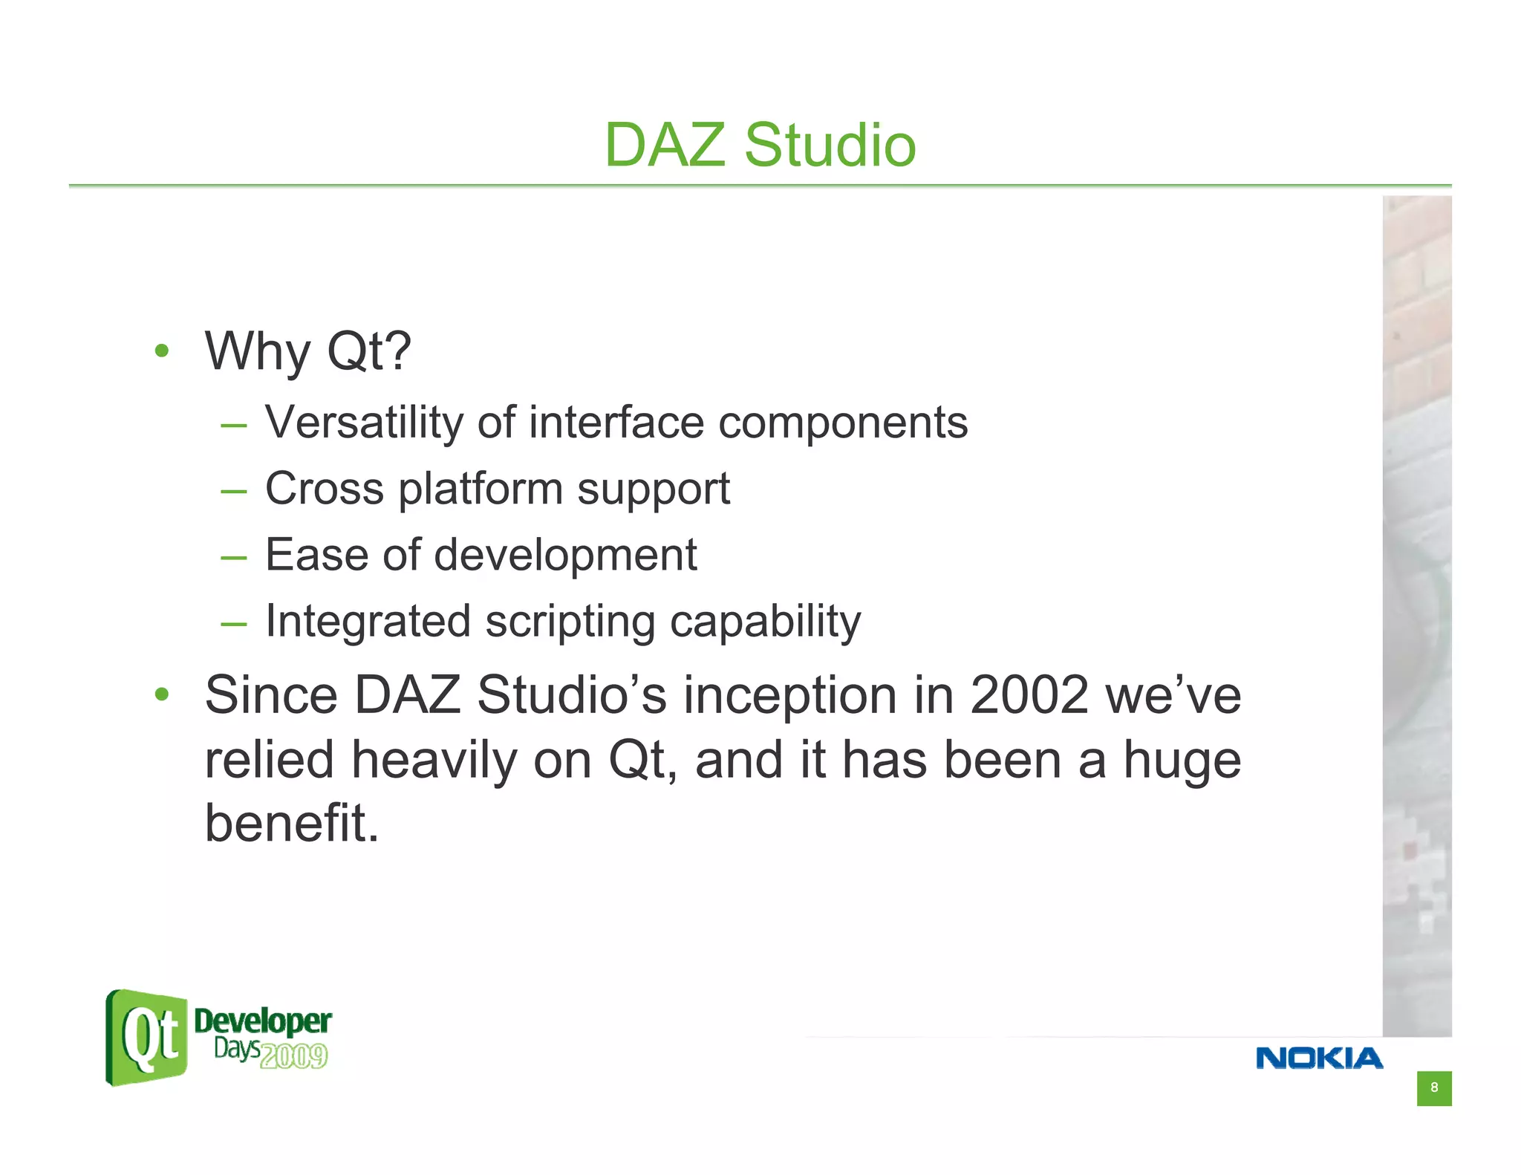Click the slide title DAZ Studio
760,145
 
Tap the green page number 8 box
1433,1088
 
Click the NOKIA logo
1319,1058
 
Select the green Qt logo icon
147,1038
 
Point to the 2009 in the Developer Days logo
294,1055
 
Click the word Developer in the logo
262,1021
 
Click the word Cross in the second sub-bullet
325,489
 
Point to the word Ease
316,555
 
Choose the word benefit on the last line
291,823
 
